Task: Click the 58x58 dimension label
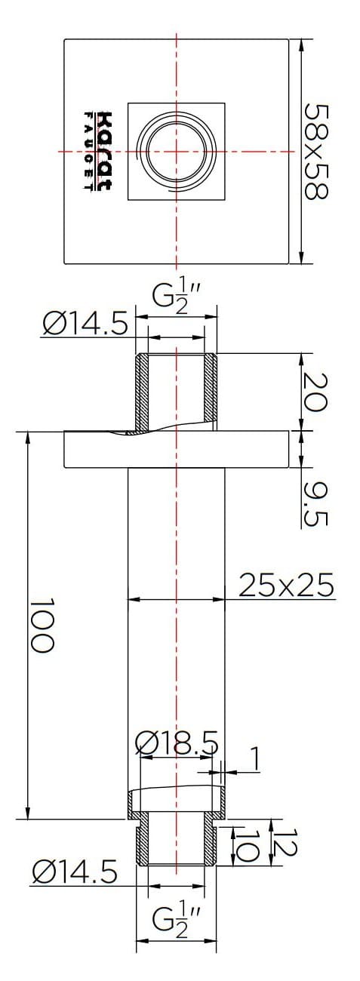317,151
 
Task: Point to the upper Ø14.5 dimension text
85,325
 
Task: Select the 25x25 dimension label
286,586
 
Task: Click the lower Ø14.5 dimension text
75,873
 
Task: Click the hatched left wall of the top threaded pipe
141,392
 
